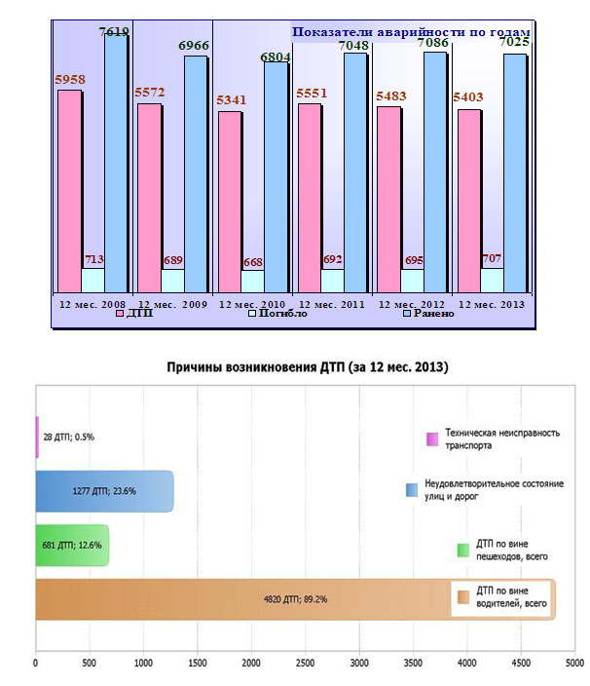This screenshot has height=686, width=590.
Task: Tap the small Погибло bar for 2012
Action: coord(412,281)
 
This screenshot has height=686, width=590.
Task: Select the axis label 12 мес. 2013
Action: coord(492,304)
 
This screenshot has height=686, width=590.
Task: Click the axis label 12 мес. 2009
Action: coord(172,304)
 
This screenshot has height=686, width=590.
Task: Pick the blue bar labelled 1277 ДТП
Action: coord(104,491)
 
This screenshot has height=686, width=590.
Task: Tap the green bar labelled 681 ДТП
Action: coord(72,545)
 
